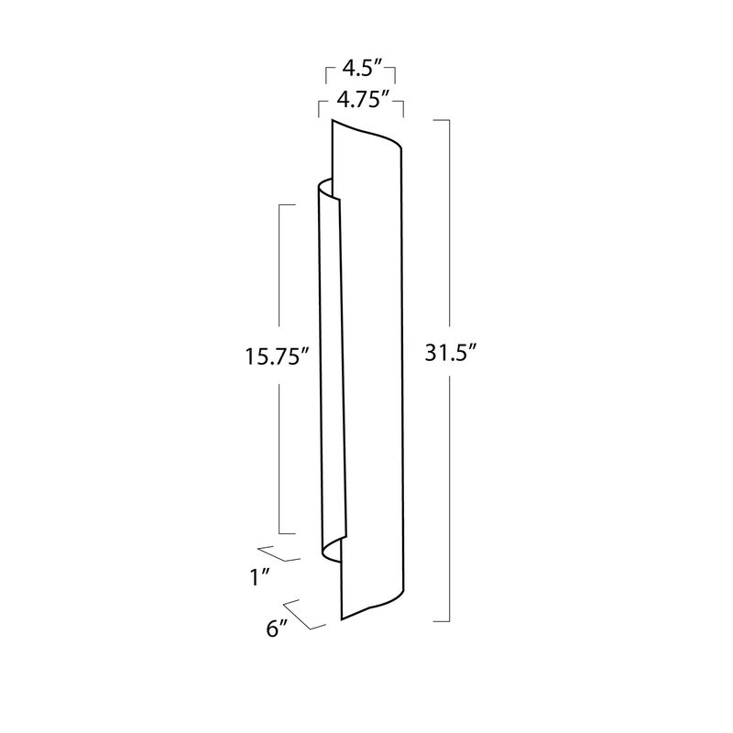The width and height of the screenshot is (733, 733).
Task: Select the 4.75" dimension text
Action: (x=361, y=101)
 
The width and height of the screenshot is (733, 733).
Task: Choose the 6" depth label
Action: (x=278, y=629)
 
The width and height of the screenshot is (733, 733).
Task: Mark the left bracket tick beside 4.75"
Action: (x=318, y=107)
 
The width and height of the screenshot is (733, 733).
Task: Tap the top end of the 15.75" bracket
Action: (x=286, y=205)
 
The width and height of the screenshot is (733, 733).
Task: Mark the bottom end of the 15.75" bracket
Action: (x=286, y=533)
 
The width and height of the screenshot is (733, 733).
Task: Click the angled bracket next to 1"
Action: (x=282, y=552)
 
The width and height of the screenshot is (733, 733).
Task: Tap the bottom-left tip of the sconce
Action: (x=342, y=620)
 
